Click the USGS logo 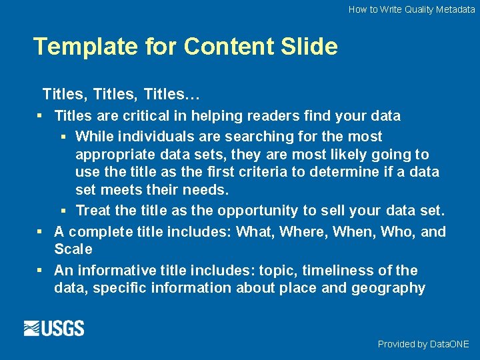click(54, 328)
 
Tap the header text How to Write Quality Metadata click(411, 9)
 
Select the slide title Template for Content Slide click(185, 47)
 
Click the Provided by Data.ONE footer click(423, 344)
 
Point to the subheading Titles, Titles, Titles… click(121, 93)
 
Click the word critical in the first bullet click(145, 116)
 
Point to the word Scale click(73, 249)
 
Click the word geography click(392, 288)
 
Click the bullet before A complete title click(41, 232)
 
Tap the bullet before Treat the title click(63, 211)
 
